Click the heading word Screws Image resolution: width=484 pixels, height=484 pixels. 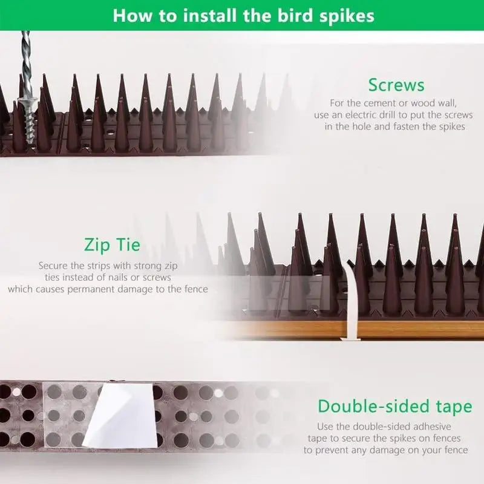[396, 85]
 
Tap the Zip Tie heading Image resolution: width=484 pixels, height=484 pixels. [112, 245]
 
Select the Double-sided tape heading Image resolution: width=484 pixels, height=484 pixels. [395, 406]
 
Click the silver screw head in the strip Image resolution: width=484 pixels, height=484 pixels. [28, 102]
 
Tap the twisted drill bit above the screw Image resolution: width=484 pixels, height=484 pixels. [27, 64]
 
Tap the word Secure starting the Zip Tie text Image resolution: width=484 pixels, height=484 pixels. [53, 266]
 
